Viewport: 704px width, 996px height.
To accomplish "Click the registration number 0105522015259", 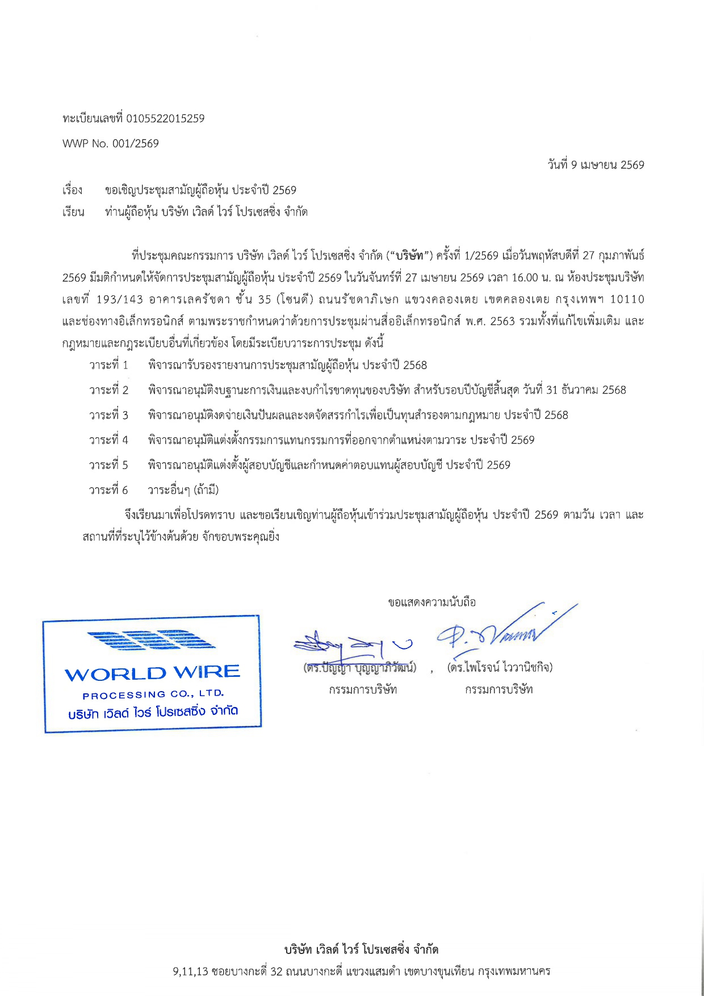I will click(165, 119).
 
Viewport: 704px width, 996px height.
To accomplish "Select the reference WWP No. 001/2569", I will click(111, 144).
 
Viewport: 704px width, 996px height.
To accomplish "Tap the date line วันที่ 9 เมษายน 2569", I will click(596, 165).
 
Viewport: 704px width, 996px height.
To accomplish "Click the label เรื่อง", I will click(73, 190).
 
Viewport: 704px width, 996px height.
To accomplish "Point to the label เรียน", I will click(73, 212).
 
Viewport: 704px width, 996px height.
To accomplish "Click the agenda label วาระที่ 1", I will click(108, 365).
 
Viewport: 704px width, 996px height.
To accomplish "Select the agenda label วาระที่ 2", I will click(108, 390).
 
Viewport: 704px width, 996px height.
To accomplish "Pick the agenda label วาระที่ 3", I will click(108, 415).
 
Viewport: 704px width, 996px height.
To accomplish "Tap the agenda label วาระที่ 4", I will click(108, 440).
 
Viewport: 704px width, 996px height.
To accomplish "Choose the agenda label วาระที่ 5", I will click(108, 465).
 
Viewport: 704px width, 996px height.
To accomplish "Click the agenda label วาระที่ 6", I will click(108, 490).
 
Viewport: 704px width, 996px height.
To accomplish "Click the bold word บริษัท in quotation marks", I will click(410, 256).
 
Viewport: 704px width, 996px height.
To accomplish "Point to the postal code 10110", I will click(627, 299).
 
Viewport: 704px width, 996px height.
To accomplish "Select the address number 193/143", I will click(120, 299).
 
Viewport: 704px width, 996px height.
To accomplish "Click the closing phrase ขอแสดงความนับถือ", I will click(432, 602).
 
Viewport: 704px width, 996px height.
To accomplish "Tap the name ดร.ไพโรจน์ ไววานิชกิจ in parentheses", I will click(500, 667).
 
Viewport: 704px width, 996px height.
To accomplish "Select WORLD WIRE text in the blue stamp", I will click(152, 674).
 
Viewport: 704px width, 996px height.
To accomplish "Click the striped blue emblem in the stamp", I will click(151, 640).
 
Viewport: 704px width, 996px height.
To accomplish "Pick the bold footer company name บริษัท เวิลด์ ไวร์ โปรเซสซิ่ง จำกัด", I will click(361, 949).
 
